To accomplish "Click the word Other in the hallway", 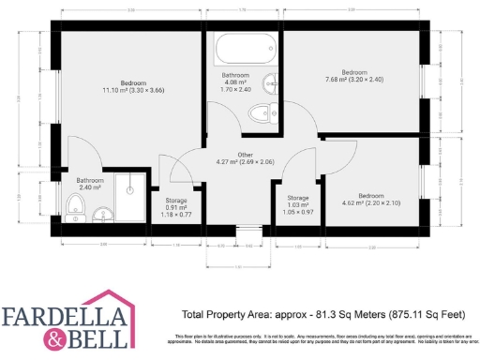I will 246,155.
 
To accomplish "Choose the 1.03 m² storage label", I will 297,205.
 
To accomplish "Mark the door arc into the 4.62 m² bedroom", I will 333,155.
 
